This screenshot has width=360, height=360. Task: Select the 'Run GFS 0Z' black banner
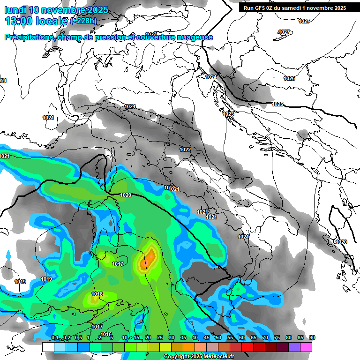pyautogui.click(x=293, y=8)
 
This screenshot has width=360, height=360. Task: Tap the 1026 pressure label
pyautogui.click(x=289, y=78)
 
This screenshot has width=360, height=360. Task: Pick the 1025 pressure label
pyautogui.click(x=277, y=104)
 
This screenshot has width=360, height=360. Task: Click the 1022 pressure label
pyautogui.click(x=185, y=150)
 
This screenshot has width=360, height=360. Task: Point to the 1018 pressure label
pyautogui.click(x=97, y=294)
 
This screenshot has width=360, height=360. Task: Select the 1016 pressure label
pyautogui.click(x=106, y=334)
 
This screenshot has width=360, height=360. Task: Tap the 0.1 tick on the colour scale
pyautogui.click(x=54, y=338)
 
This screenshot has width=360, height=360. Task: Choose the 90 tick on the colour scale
pyautogui.click(x=312, y=338)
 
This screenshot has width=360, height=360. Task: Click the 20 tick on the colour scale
pyautogui.click(x=148, y=338)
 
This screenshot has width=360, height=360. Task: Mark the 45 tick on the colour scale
pyautogui.click(x=207, y=338)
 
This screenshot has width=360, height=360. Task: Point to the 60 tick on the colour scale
pyautogui.click(x=242, y=338)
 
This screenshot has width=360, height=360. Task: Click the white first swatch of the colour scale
pyautogui.click(x=48, y=347)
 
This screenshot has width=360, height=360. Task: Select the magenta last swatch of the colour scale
pyautogui.click(x=306, y=347)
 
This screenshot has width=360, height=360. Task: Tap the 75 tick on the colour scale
pyautogui.click(x=277, y=338)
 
